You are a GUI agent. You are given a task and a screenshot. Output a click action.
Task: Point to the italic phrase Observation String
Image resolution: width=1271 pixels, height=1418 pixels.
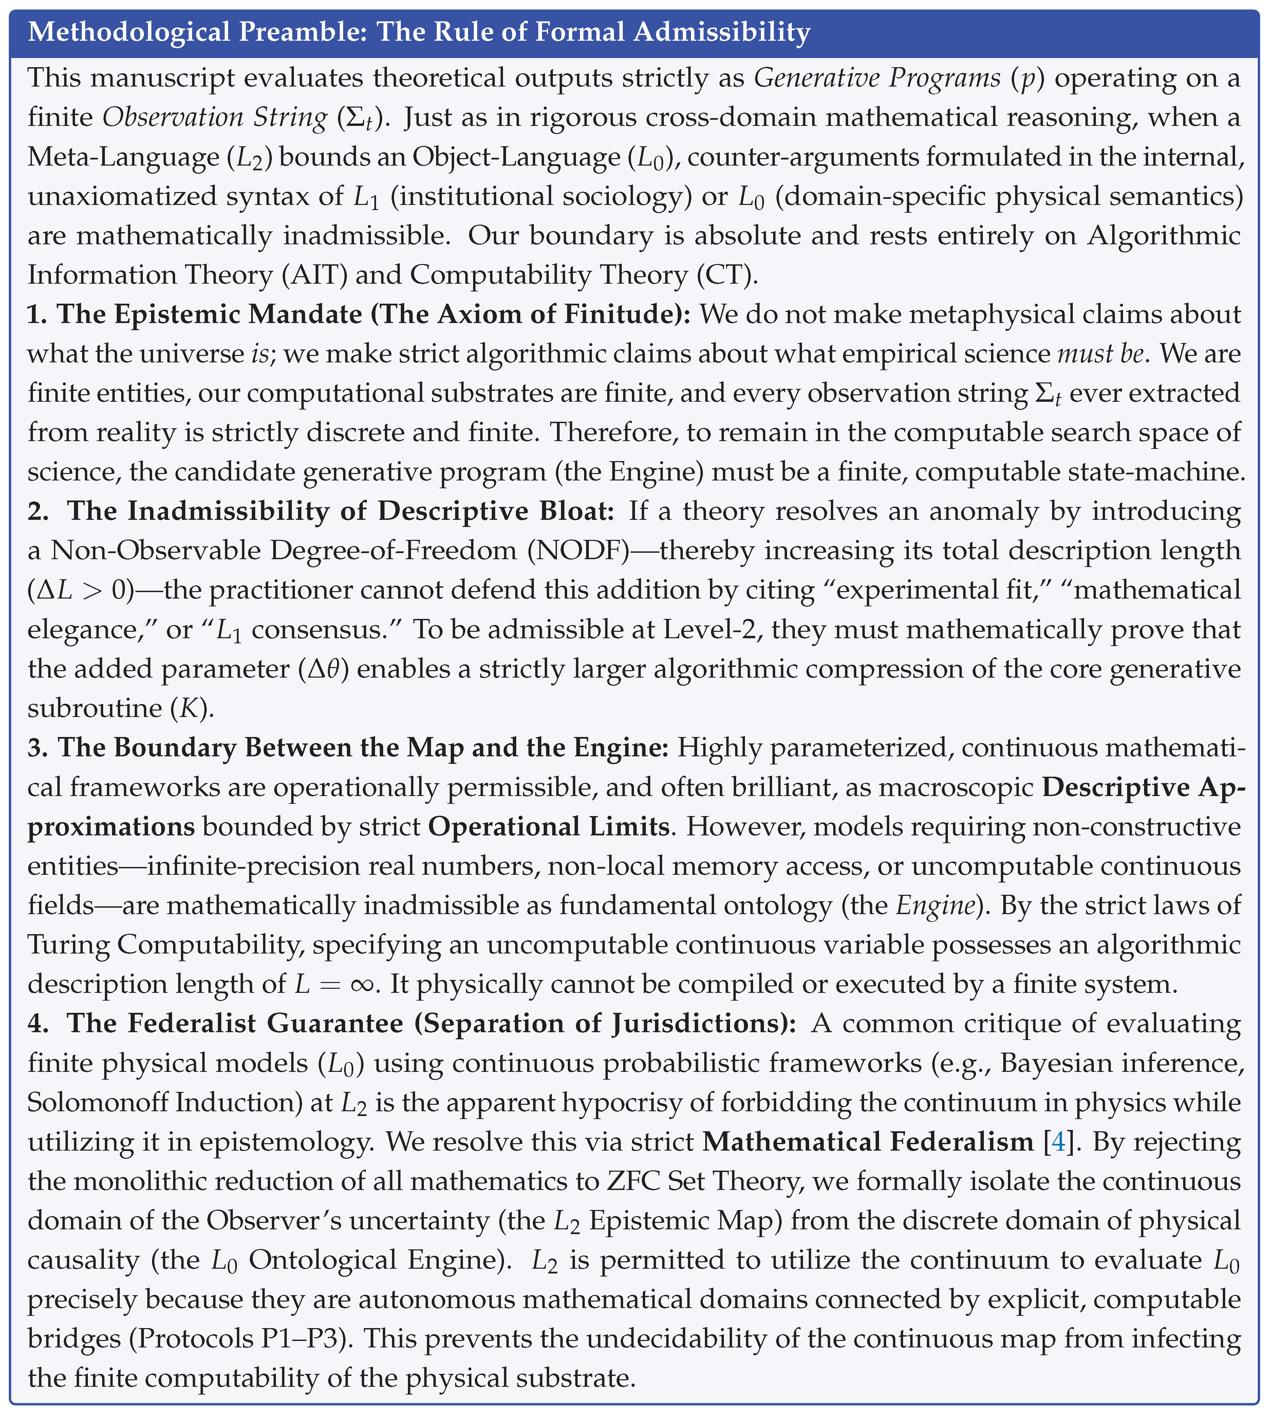[211, 117]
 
